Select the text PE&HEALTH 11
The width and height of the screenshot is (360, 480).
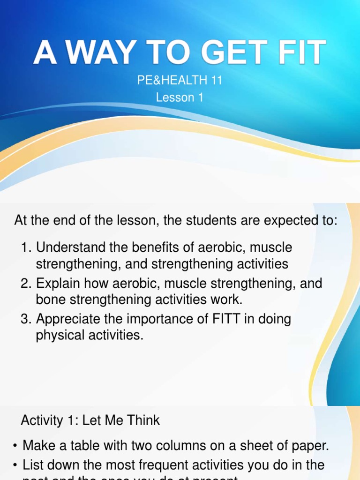(180, 81)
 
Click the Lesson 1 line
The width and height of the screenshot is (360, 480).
(180, 97)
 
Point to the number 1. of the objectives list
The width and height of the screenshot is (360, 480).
(26, 247)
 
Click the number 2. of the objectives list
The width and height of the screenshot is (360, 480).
(26, 283)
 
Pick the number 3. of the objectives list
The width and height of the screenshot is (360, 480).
(26, 319)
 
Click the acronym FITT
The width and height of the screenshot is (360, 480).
(231, 319)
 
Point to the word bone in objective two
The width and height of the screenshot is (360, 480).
(50, 300)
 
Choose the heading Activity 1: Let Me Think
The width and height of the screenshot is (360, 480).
(90, 420)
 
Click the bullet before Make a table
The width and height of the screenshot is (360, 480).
(16, 446)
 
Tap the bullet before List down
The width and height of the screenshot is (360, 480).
(16, 465)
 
